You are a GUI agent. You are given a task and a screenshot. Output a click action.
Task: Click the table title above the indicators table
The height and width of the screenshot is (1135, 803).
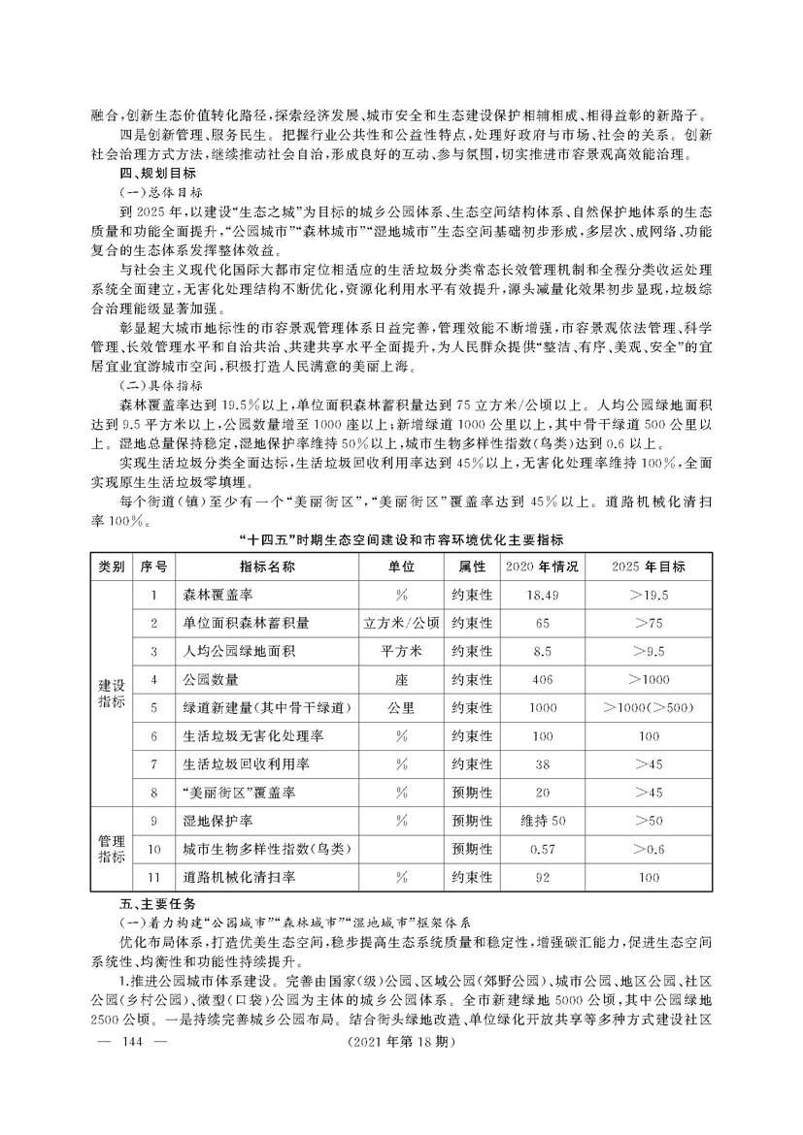point(401,537)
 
